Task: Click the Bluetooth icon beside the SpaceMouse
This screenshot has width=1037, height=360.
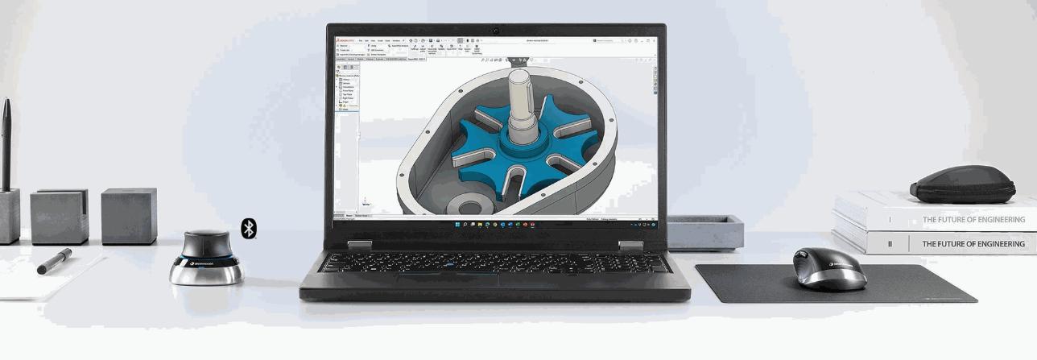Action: point(250,228)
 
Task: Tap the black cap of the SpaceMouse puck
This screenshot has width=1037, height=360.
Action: point(205,243)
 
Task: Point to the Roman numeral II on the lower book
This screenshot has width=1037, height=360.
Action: point(890,244)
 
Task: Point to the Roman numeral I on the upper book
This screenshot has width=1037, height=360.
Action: point(890,219)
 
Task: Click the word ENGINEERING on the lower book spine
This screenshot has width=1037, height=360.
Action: point(994,244)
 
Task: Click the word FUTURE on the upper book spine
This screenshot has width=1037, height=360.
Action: point(958,219)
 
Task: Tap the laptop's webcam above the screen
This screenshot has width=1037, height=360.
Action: point(496,31)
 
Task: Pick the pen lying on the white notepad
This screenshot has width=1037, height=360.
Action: point(54,262)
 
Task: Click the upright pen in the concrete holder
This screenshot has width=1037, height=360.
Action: point(6,145)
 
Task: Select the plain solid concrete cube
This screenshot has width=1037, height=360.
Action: point(129,216)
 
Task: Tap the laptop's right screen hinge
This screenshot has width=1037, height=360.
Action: point(630,245)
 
